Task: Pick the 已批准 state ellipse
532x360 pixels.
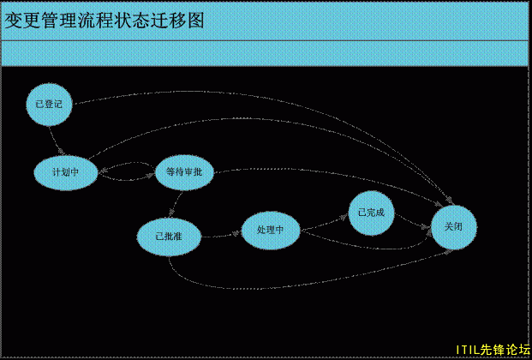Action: tap(168, 235)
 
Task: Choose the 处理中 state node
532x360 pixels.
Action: tap(271, 230)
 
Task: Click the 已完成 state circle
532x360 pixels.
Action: tap(371, 213)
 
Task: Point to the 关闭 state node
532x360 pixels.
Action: tap(453, 227)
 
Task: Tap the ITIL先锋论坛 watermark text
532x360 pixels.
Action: tap(493, 350)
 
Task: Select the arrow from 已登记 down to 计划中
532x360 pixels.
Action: tap(57, 139)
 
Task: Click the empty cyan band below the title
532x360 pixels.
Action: tap(266, 53)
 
